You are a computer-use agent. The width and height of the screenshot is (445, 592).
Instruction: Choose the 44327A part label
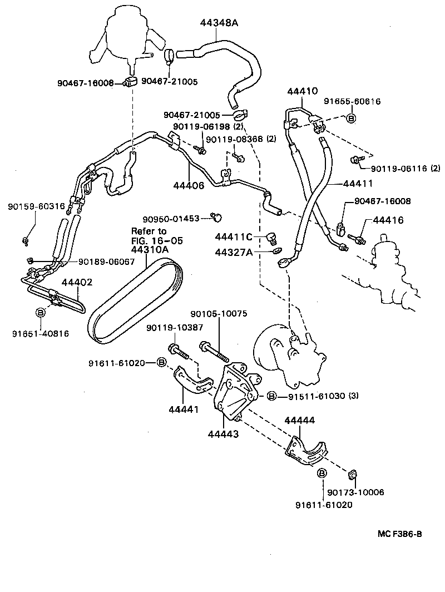pyautogui.click(x=234, y=252)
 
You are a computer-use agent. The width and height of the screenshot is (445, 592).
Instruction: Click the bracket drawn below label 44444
pyautogui.click(x=305, y=448)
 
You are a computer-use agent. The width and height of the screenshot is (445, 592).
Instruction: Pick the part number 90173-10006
pyautogui.click(x=355, y=492)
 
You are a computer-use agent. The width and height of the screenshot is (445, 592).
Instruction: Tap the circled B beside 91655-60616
pyautogui.click(x=351, y=118)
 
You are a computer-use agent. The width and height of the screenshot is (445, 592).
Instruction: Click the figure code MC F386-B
pyautogui.click(x=399, y=534)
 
